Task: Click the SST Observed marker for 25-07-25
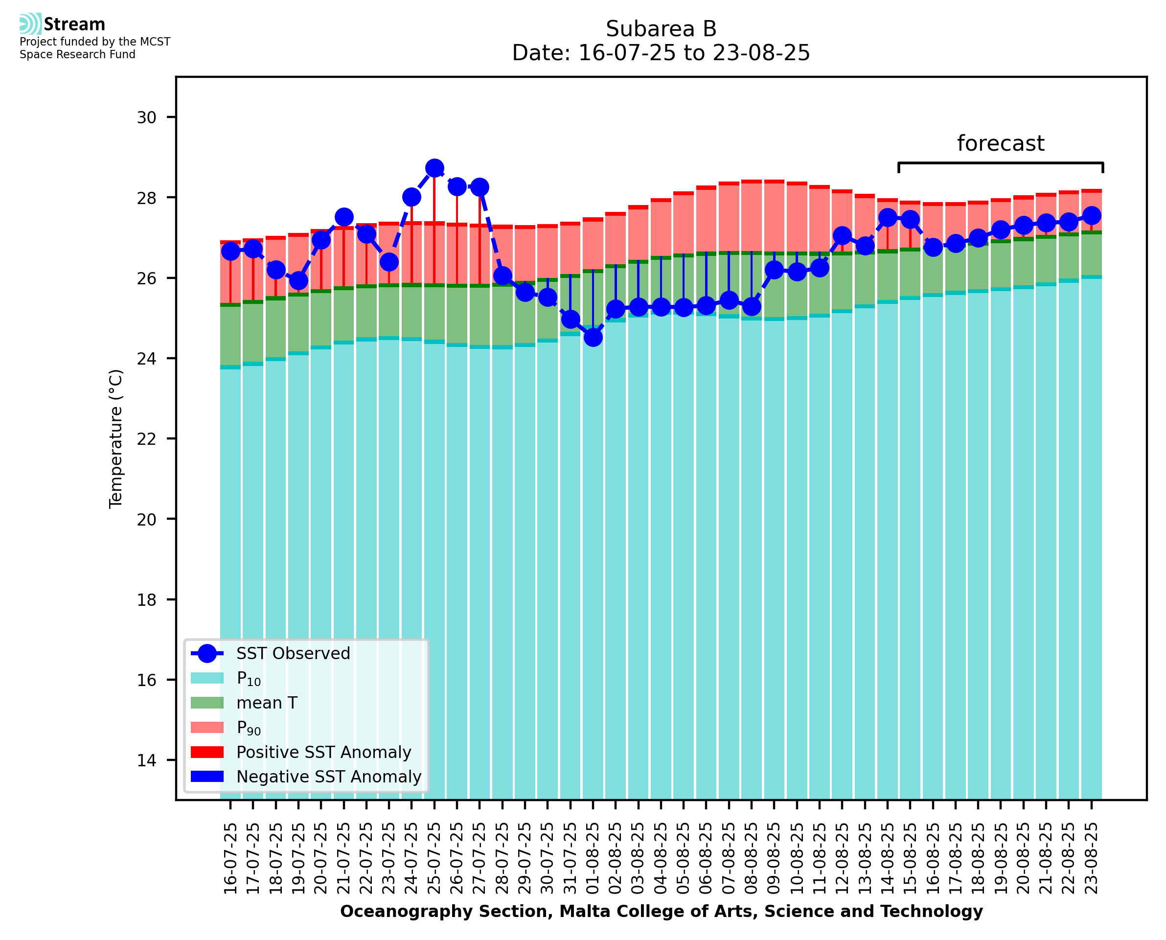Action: [x=434, y=168]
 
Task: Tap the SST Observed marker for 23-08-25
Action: [x=1091, y=215]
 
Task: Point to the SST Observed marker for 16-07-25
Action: [x=230, y=251]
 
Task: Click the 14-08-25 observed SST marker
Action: [x=887, y=218]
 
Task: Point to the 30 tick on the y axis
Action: [x=146, y=117]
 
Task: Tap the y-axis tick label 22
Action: [x=146, y=438]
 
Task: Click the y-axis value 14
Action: [x=146, y=760]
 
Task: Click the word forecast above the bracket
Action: [x=1000, y=143]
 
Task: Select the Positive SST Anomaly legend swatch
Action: [x=207, y=752]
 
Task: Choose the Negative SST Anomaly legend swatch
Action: [x=207, y=777]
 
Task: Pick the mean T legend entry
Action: [x=266, y=703]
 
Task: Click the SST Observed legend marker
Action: [x=207, y=654]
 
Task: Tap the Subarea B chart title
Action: [x=661, y=29]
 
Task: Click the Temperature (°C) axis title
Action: [x=116, y=438]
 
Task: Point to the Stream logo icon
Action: [x=30, y=24]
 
